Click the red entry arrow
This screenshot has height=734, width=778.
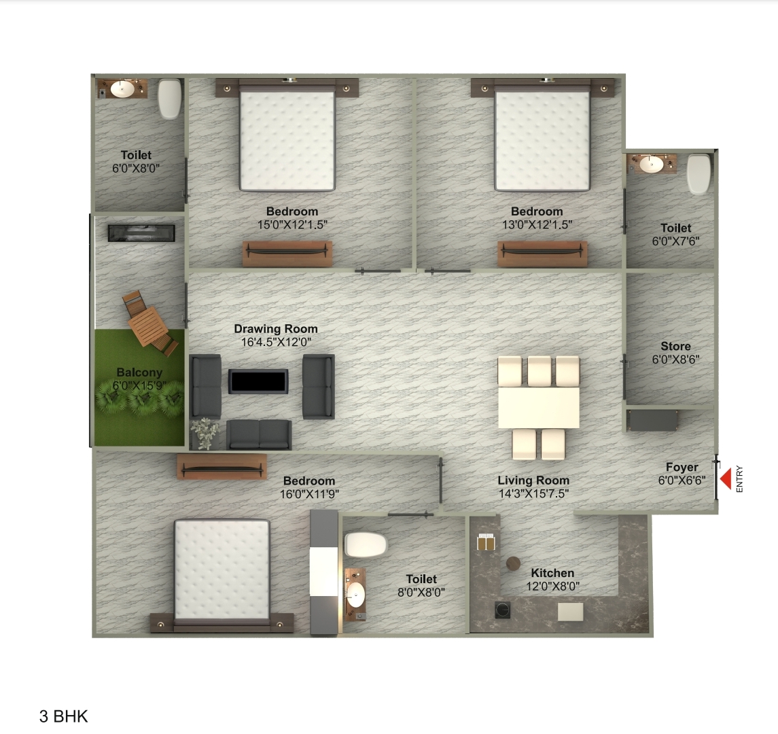coord(726,479)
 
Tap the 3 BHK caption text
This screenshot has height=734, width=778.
coord(64,716)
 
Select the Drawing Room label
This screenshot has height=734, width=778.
coord(276,330)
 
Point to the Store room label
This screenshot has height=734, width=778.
coord(675,347)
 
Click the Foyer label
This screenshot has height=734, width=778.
coord(682,468)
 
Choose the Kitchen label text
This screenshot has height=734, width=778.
coord(552,573)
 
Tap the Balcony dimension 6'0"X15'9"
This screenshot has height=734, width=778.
coord(139,385)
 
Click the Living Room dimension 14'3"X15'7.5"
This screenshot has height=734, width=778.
coord(533,494)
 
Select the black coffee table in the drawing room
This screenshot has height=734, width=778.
coord(258,381)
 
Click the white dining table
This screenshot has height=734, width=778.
coord(539,407)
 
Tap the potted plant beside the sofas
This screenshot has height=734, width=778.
coord(204,433)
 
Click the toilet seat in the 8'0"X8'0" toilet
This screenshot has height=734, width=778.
coord(366,544)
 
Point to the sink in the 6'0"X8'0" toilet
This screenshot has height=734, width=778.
coord(122,89)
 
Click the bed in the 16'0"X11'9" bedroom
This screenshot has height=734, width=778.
coord(222,570)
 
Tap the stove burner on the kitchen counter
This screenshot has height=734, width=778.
coord(503,610)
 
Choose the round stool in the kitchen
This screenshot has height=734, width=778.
coord(513,563)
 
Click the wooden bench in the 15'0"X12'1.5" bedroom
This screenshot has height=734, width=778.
coord(287,253)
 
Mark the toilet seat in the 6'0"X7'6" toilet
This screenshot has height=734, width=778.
coord(699,174)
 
